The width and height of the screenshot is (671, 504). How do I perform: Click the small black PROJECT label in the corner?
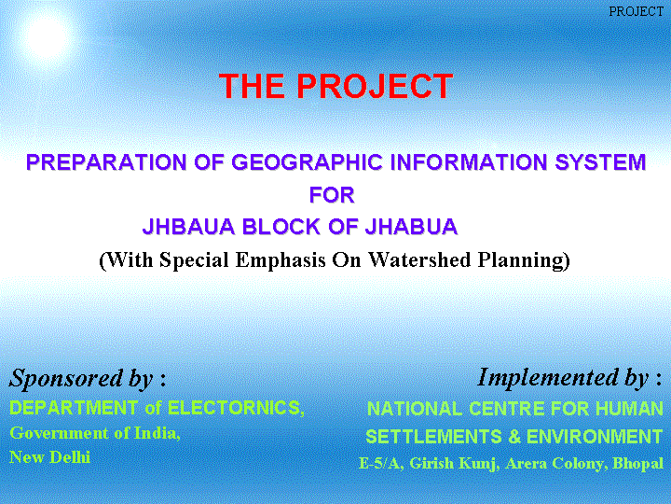pyautogui.click(x=636, y=11)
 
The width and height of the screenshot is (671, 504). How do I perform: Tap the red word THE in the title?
pyautogui.click(x=252, y=86)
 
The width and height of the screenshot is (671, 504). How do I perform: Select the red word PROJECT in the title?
pyautogui.click(x=375, y=86)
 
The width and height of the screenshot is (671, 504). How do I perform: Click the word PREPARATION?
pyautogui.click(x=106, y=162)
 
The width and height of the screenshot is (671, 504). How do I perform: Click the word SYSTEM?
pyautogui.click(x=600, y=162)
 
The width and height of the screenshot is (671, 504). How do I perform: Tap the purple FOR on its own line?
pyautogui.click(x=332, y=195)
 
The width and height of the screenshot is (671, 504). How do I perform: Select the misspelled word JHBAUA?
pyautogui.click(x=188, y=226)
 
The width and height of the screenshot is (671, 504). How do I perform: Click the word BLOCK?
pyautogui.click(x=281, y=226)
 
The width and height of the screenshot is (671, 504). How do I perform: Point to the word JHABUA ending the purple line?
pyautogui.click(x=411, y=226)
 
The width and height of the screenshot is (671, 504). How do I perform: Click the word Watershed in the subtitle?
pyautogui.click(x=419, y=259)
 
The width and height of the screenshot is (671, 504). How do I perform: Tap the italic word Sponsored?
pyautogui.click(x=66, y=378)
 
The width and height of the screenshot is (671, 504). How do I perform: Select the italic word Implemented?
pyautogui.click(x=549, y=378)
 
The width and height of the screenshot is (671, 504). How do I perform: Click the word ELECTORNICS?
pyautogui.click(x=236, y=408)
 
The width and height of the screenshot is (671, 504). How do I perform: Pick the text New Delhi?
pyautogui.click(x=49, y=457)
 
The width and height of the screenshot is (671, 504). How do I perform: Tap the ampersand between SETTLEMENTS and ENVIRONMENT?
pyautogui.click(x=514, y=437)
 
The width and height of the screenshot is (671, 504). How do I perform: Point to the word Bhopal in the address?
pyautogui.click(x=638, y=463)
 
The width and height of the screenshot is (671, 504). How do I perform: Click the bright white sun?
pyautogui.click(x=48, y=36)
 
